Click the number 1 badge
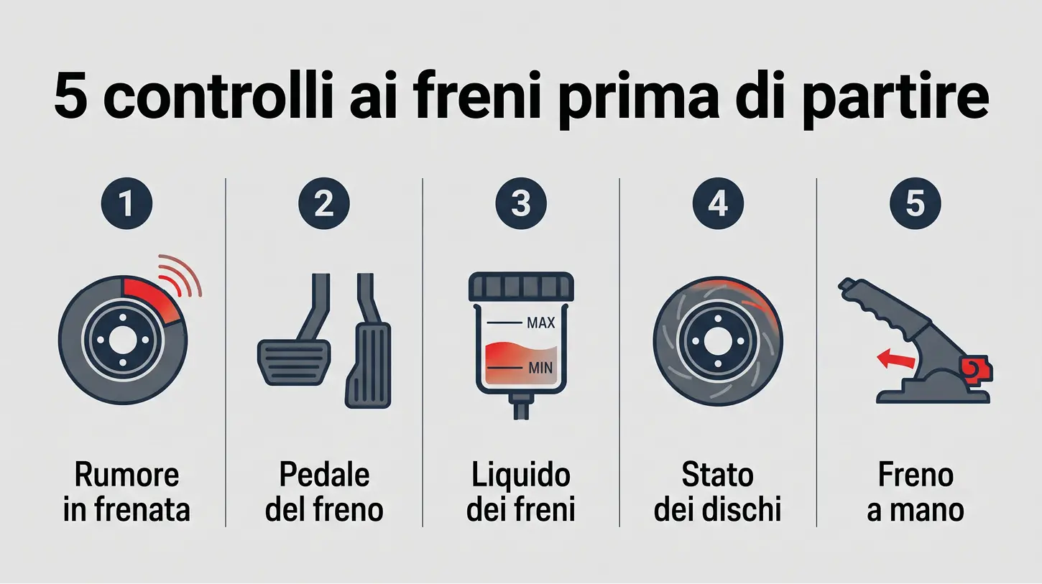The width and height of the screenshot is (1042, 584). click(x=126, y=204)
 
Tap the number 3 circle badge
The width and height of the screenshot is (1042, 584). click(x=521, y=204)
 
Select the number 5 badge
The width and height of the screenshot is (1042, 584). click(x=916, y=204)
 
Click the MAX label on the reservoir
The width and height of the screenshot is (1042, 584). click(x=540, y=323)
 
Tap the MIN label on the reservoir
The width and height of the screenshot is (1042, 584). click(x=540, y=369)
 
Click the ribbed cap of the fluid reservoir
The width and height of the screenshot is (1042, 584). click(x=521, y=287)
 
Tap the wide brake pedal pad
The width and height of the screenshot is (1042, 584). click(x=294, y=363)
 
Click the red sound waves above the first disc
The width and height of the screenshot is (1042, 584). click(x=180, y=274)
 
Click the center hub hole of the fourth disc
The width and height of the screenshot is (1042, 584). click(x=718, y=341)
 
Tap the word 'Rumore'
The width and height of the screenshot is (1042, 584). click(x=126, y=475)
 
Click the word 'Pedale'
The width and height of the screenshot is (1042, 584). click(x=324, y=475)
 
